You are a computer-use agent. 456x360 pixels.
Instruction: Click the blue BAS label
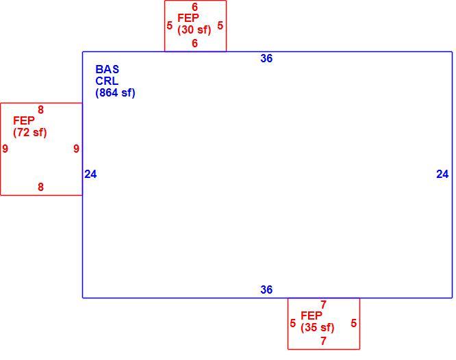[x=107, y=69]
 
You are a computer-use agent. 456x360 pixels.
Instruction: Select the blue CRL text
[x=107, y=81]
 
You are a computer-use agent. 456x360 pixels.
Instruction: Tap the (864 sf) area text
[x=115, y=93]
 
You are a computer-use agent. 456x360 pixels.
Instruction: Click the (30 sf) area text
[x=194, y=29]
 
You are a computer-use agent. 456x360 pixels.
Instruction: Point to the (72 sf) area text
[x=30, y=132]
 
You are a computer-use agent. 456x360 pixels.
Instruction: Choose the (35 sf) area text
[x=318, y=327]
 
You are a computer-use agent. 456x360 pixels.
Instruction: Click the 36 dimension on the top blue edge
[x=266, y=58]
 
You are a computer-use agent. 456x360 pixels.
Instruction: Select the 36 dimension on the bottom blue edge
[x=266, y=290]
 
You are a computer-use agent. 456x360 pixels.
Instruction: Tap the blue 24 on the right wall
[x=442, y=175]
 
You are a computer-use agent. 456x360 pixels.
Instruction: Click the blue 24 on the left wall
[x=90, y=175]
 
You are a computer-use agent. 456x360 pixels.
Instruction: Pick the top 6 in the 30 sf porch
[x=195, y=7]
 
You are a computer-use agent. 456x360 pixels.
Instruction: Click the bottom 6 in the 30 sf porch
[x=195, y=43]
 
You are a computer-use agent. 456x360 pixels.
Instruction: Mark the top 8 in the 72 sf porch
[x=40, y=110]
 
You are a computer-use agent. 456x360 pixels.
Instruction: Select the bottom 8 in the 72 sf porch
[x=40, y=187]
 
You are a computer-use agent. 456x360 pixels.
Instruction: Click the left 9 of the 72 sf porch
[x=5, y=149]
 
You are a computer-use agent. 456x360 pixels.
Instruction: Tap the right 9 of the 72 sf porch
[x=76, y=149]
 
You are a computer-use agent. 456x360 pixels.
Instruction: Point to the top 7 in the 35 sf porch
[x=323, y=305]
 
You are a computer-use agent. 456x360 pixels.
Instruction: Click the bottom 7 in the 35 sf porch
[x=323, y=341]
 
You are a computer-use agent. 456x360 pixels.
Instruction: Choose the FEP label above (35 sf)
[x=311, y=316]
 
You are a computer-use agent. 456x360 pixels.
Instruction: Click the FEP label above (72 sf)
[x=24, y=120]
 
